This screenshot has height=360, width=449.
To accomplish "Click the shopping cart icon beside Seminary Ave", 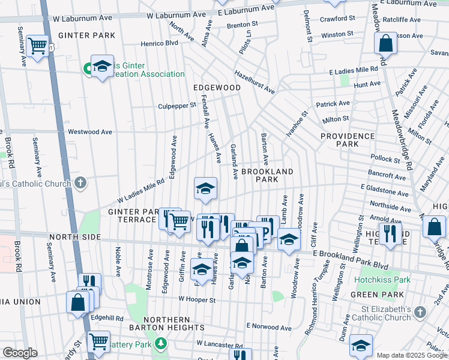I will [x=38, y=45].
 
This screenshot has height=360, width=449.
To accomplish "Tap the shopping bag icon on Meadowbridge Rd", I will [x=385, y=43].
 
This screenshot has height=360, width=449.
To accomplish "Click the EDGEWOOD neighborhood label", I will [x=217, y=88].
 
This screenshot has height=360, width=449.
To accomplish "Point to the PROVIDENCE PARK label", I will [x=348, y=140].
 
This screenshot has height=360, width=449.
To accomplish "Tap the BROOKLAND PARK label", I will [x=267, y=175].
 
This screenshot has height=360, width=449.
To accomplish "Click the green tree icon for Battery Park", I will [x=160, y=343].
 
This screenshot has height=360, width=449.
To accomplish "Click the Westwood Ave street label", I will [x=90, y=131].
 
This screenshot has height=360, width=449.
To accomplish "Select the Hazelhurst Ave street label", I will [x=255, y=82].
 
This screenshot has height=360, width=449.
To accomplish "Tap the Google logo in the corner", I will [x=20, y=353].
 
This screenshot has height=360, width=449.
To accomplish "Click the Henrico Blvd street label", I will [x=160, y=43].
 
